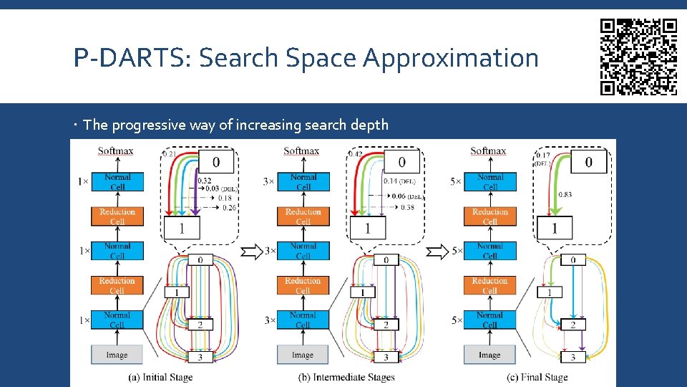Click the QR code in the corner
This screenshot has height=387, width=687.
[x=638, y=57]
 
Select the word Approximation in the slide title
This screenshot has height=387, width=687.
[x=450, y=58]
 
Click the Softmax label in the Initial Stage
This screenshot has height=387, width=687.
[x=115, y=151]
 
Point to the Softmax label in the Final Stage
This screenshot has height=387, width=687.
[x=488, y=151]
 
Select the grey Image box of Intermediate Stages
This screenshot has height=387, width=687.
[x=303, y=355]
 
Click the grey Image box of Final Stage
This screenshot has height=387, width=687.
[x=489, y=355]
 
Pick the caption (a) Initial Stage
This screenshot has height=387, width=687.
[x=160, y=377]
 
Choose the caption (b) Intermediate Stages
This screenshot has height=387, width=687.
[x=346, y=377]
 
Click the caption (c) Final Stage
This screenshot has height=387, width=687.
[x=537, y=377]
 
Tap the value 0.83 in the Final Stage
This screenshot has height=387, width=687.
[x=565, y=194]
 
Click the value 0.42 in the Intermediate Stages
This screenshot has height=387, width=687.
[x=355, y=154]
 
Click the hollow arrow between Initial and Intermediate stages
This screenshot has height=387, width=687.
[x=253, y=252]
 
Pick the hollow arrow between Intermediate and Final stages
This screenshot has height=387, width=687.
[x=438, y=252]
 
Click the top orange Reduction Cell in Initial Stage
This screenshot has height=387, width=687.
[x=117, y=216]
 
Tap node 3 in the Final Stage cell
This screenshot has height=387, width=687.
[x=572, y=357]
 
